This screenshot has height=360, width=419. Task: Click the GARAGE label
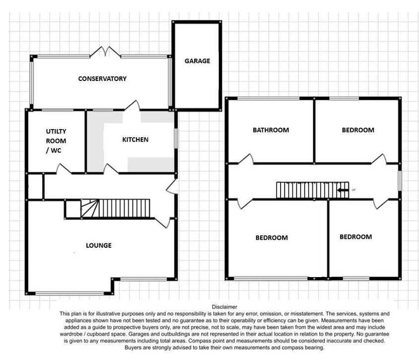click(x=197, y=61)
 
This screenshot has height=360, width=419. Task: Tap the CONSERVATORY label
click(x=102, y=78)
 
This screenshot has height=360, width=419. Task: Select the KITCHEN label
click(x=135, y=140)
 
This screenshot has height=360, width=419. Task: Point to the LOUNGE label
click(x=99, y=245)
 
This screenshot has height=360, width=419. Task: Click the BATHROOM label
click(x=271, y=130)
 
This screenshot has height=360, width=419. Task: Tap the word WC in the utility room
click(x=56, y=150)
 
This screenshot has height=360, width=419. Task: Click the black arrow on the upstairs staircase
click(x=343, y=190)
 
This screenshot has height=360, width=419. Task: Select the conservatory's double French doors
click(x=105, y=52)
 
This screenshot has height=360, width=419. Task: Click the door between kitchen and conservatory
click(x=133, y=105)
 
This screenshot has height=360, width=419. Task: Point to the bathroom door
click(x=246, y=159)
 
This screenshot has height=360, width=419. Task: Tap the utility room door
click(x=64, y=169)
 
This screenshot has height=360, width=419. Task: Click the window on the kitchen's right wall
click(x=176, y=138)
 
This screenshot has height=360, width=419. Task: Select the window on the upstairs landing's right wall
click(x=400, y=181)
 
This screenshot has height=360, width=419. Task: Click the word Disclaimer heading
click(x=224, y=307)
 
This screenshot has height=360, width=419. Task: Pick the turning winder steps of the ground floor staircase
click(x=90, y=209)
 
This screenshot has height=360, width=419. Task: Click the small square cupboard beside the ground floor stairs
click(x=73, y=209)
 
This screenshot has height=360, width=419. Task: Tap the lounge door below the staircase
click(x=162, y=222)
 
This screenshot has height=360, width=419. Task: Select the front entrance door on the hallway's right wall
click(x=172, y=186)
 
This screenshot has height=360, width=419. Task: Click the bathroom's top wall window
click(x=268, y=99)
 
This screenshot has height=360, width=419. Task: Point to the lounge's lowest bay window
click(x=70, y=293)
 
